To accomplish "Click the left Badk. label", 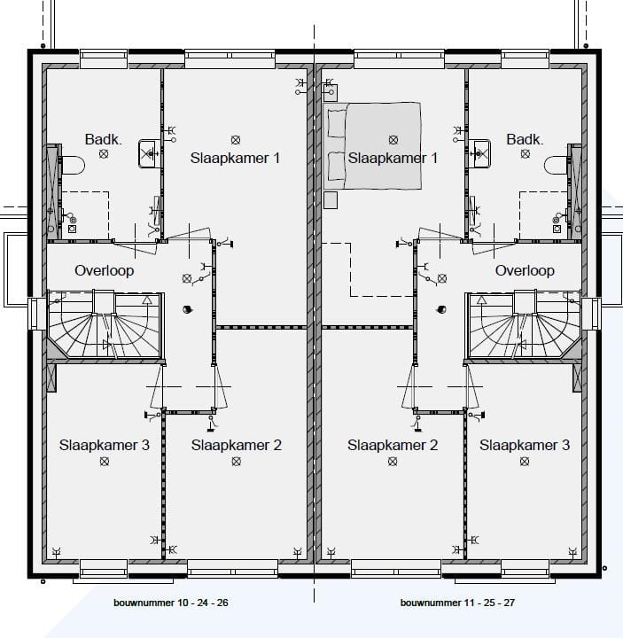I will tap(102, 139).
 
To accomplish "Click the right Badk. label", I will tap(525, 139).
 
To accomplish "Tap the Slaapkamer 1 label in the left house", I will tap(235, 158).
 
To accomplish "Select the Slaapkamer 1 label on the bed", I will tap(393, 158).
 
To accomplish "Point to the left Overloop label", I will tap(105, 270).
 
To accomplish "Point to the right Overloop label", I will tap(525, 270).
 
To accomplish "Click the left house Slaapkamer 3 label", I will tap(105, 445).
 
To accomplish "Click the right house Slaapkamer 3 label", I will tap(525, 445).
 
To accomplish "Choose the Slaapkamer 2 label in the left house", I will tap(236, 445).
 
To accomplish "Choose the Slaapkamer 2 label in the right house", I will tap(393, 445).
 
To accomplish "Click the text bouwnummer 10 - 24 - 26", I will tap(171, 603).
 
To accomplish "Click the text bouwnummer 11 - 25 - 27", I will tap(457, 603).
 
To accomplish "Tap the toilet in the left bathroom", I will tap(71, 165).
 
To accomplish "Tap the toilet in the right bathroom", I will tap(557, 165).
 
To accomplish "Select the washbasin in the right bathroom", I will tap(480, 153).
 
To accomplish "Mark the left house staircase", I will tap(105, 324).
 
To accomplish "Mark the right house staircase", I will tap(523, 324).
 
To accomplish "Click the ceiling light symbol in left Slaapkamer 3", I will tap(105, 462).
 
